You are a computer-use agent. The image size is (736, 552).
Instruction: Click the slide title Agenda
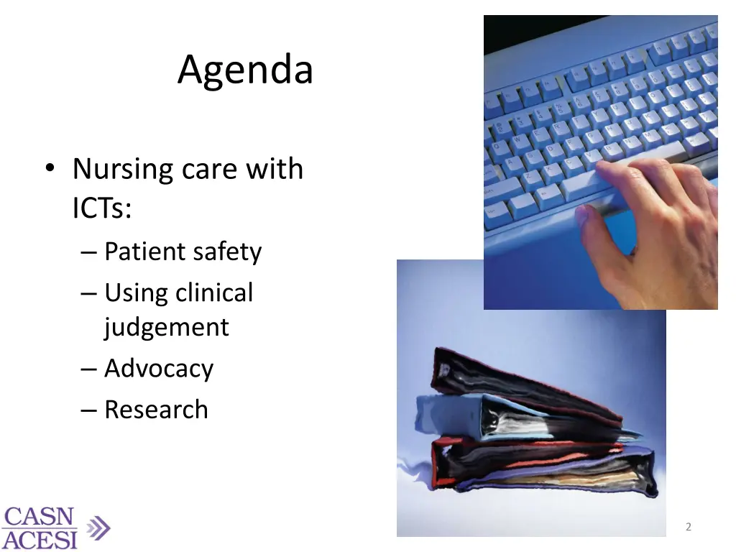coord(245,70)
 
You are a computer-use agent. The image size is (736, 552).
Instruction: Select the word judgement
coord(166,328)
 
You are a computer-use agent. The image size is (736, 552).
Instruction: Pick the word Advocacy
coord(159,368)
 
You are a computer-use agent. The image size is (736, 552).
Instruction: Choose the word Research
coord(156,410)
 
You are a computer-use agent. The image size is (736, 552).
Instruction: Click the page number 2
coord(689,527)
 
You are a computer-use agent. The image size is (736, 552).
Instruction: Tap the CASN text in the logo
coord(39,517)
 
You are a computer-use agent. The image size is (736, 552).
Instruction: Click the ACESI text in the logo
coord(39,538)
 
